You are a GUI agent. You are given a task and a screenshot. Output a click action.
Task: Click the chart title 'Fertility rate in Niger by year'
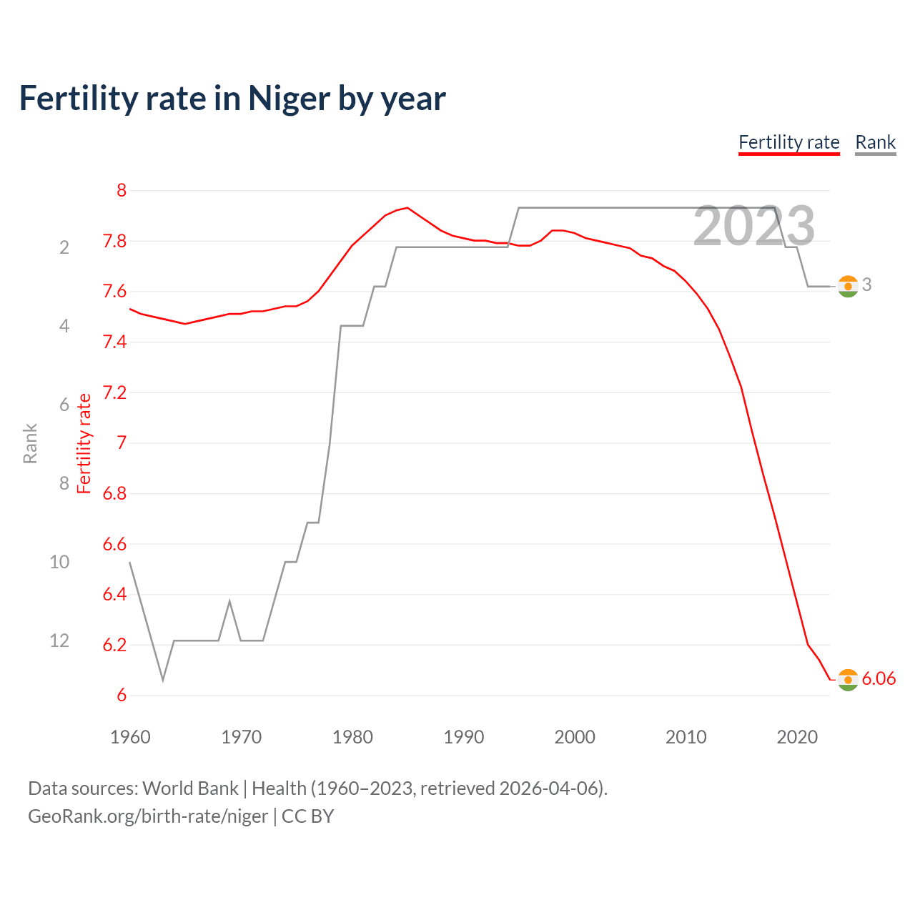pyautogui.click(x=232, y=99)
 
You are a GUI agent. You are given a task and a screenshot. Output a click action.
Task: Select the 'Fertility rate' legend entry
pyautogui.click(x=788, y=142)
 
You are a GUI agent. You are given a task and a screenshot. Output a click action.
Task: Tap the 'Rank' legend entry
pyautogui.click(x=875, y=142)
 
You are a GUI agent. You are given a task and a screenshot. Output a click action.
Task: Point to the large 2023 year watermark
pyautogui.click(x=753, y=226)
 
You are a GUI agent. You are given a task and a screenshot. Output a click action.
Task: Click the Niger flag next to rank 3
pyautogui.click(x=848, y=286)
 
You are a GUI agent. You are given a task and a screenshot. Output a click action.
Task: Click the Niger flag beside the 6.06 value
pyautogui.click(x=848, y=680)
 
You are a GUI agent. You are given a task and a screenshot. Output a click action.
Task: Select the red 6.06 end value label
pyautogui.click(x=879, y=678)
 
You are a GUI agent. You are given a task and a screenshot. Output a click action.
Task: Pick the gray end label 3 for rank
pyautogui.click(x=866, y=285)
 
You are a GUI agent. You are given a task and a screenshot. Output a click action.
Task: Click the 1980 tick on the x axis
pyautogui.click(x=352, y=737)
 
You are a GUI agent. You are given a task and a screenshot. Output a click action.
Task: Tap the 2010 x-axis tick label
pyautogui.click(x=686, y=737)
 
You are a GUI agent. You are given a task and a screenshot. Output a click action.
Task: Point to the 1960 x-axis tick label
pyautogui.click(x=130, y=737)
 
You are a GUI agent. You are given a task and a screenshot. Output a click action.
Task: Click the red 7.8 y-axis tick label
pyautogui.click(x=114, y=241)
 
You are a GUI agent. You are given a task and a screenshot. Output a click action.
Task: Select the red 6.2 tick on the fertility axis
pyautogui.click(x=114, y=645)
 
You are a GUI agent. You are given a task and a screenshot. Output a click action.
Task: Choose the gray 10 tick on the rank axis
pyautogui.click(x=59, y=562)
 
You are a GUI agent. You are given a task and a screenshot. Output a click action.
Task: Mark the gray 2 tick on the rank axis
pyautogui.click(x=64, y=247)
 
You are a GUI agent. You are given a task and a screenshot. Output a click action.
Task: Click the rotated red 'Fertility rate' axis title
pyautogui.click(x=84, y=443)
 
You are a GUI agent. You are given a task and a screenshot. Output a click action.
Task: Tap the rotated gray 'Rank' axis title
pyautogui.click(x=30, y=443)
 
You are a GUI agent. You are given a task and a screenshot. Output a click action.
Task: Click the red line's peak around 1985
pyautogui.click(x=407, y=208)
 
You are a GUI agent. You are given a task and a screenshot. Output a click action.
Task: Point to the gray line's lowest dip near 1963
pyautogui.click(x=163, y=680)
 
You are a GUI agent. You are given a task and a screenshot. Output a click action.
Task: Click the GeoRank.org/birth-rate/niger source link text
pyautogui.click(x=148, y=816)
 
